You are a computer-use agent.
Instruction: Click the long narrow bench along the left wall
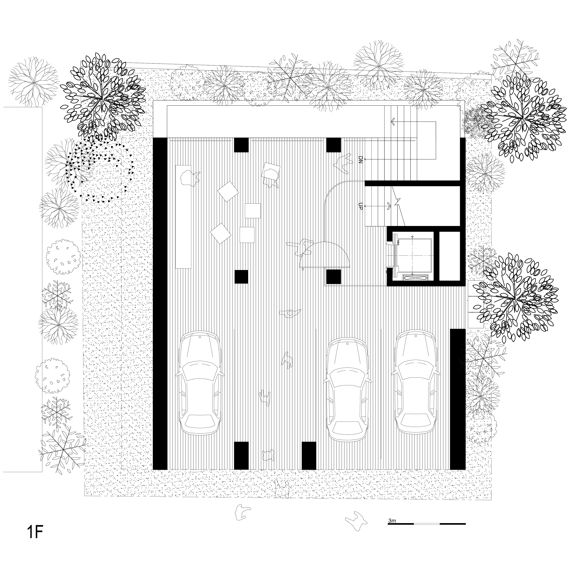point(184,217)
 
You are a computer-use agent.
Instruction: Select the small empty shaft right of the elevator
point(449,256)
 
